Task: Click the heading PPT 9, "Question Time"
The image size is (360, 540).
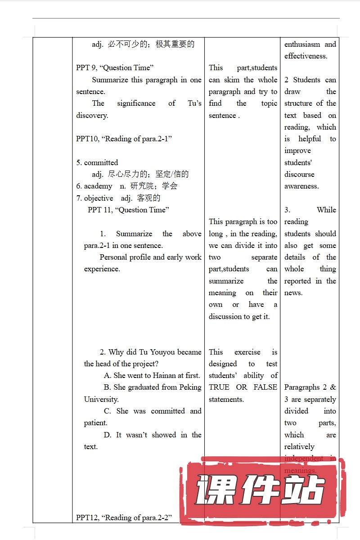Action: tap(115, 68)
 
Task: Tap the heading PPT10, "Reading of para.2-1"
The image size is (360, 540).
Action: tap(124, 139)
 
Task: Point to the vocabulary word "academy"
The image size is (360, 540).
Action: tap(98, 186)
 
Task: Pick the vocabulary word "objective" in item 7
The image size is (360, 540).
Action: tap(99, 198)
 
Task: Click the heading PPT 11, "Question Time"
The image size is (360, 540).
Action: tap(128, 210)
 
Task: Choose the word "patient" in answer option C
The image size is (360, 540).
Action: tap(95, 423)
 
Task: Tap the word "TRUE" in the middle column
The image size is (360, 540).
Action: tap(219, 387)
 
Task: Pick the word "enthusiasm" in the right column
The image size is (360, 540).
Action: tap(302, 45)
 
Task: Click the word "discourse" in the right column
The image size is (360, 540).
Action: tap(299, 175)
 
